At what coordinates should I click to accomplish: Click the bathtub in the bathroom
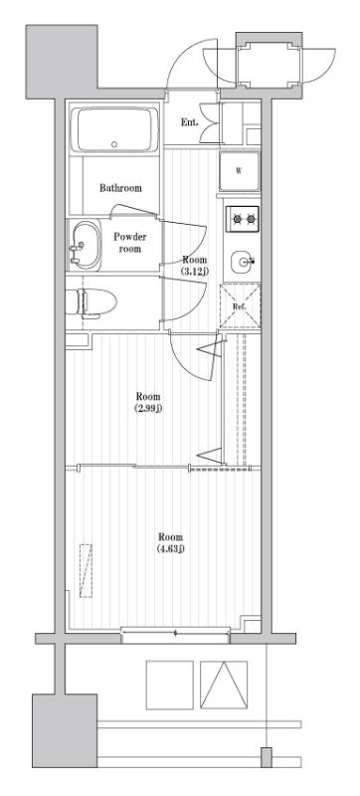click(x=114, y=129)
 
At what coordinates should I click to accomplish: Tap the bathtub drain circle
click(x=114, y=144)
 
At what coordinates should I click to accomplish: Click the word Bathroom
click(x=120, y=188)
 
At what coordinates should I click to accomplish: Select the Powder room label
click(x=130, y=243)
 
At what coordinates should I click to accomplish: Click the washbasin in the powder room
click(x=86, y=245)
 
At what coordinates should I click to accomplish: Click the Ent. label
click(x=190, y=122)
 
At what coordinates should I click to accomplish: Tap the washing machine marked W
click(x=239, y=170)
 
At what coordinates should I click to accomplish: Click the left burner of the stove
click(x=237, y=219)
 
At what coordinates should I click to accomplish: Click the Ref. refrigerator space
click(x=240, y=306)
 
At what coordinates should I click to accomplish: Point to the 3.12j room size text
click(x=196, y=272)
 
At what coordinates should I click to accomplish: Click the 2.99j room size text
click(x=147, y=408)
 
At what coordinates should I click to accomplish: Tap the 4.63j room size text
click(x=171, y=548)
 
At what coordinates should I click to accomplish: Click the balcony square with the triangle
click(x=224, y=685)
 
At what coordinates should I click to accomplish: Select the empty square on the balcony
click(x=170, y=685)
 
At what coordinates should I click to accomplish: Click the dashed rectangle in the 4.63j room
click(x=86, y=570)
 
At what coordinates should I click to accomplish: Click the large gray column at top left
click(x=62, y=62)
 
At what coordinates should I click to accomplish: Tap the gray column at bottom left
click(x=65, y=730)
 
